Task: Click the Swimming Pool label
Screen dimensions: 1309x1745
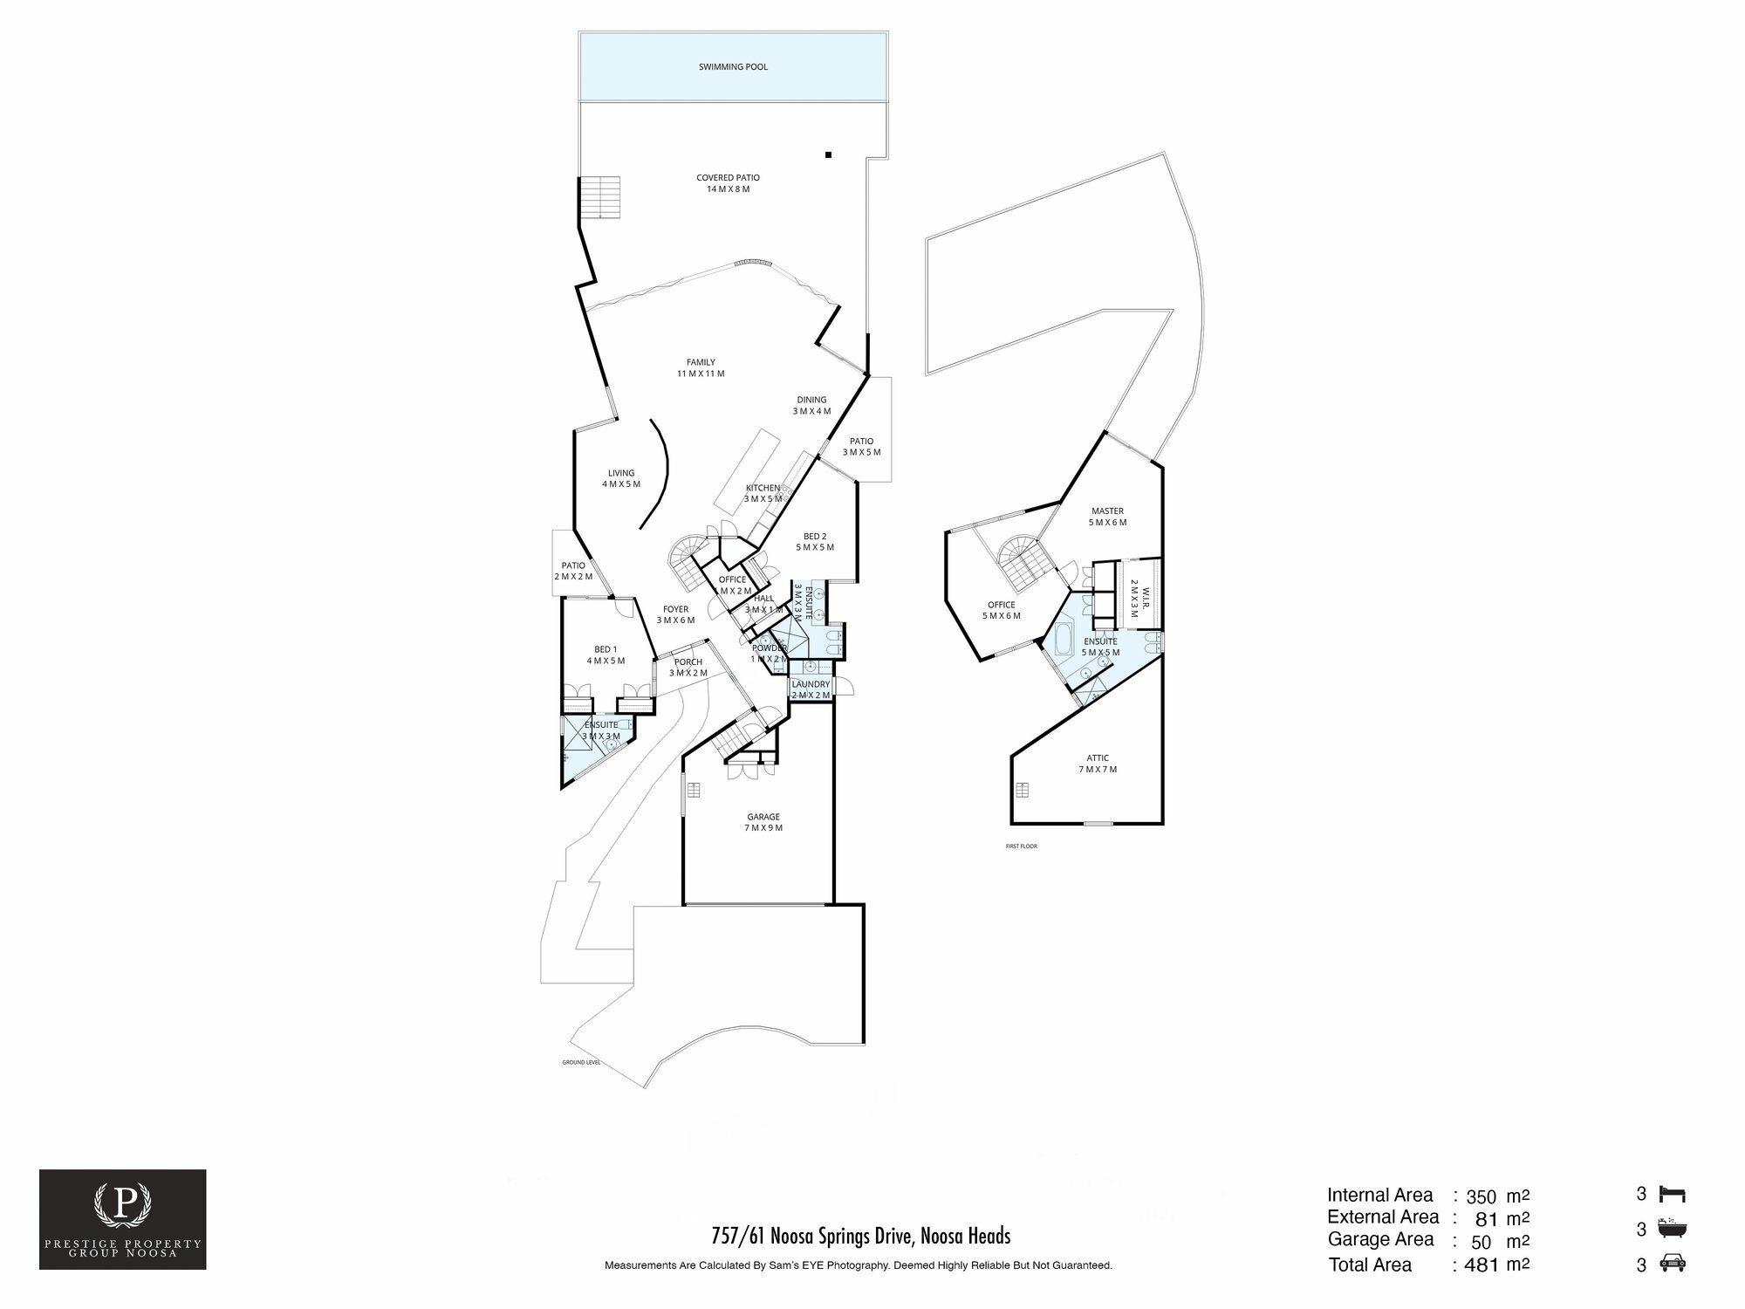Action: coord(733,67)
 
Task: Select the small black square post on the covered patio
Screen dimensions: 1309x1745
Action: coord(829,155)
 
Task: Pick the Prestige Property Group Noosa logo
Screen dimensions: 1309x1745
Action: coord(123,1219)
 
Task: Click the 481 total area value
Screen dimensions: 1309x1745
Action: coord(1482,1264)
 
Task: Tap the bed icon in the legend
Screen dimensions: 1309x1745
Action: coord(1673,1195)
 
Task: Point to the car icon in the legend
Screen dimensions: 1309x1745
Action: coord(1673,1263)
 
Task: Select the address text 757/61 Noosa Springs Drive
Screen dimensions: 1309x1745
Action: coord(860,1236)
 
